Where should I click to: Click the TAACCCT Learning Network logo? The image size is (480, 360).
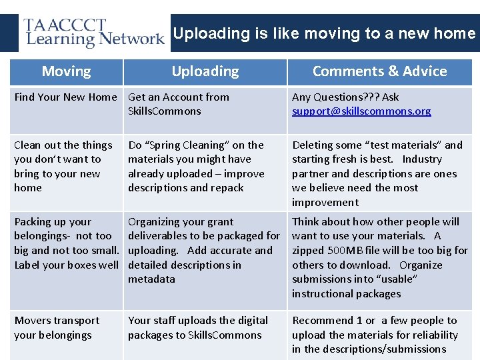coord(93,33)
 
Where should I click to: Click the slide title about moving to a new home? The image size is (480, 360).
coord(324,33)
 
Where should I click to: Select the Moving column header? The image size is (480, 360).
coord(66,71)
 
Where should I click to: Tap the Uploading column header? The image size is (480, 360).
coord(205,71)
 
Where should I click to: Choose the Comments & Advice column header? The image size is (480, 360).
coord(379,71)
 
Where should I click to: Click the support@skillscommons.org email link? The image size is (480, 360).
coord(361,111)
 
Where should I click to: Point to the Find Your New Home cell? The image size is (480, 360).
coord(65,97)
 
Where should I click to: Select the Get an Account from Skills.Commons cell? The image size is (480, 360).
coord(178,104)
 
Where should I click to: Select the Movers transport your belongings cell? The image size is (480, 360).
coord(57,328)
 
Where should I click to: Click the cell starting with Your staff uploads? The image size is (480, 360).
coord(198,328)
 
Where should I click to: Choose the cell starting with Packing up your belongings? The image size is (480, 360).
coord(66,243)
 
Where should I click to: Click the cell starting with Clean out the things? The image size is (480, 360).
coord(63,167)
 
